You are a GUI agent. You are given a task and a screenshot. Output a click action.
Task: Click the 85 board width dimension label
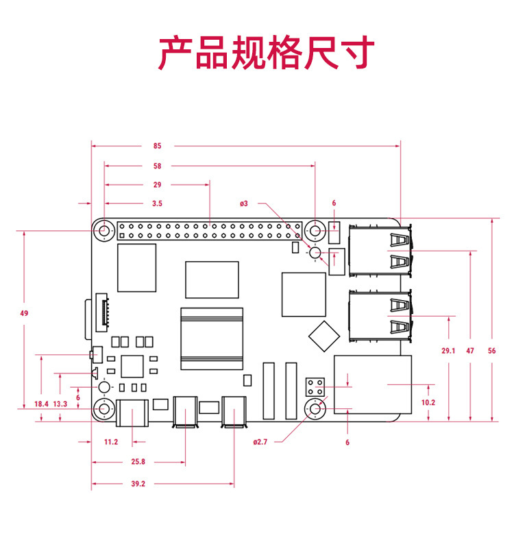coord(157,146)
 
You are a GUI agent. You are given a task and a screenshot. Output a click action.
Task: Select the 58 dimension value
coord(157,166)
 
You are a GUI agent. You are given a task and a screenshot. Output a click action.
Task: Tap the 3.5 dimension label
coord(157,204)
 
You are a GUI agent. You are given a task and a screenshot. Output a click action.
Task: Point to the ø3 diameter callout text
coord(243,204)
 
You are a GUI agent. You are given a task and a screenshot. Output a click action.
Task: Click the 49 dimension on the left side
coord(24,313)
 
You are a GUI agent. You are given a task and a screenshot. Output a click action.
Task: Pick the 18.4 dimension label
coord(41,404)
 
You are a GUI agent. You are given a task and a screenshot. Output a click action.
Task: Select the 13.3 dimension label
coord(60,404)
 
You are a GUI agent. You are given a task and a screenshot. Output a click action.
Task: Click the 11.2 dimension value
coord(111,443)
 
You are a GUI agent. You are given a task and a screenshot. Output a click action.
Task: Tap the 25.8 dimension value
coord(138,463)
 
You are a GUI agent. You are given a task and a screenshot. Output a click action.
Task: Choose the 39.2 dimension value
coord(138,484)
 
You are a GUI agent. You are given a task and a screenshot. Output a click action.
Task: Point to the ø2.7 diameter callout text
coord(260,443)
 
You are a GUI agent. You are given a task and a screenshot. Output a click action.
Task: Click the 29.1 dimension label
coord(448,351)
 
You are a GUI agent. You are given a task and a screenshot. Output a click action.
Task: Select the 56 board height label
coord(491,351)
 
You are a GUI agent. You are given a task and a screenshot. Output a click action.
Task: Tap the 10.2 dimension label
coord(428,403)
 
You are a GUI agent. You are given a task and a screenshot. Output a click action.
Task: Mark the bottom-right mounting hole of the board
coord(316,410)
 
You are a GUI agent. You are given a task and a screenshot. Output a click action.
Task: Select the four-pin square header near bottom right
coord(315,386)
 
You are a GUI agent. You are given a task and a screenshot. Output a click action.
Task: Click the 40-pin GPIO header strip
coord(210,230)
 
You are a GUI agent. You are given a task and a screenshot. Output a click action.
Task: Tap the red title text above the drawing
coord(267,53)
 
